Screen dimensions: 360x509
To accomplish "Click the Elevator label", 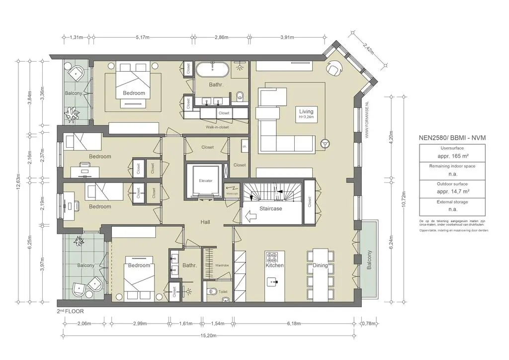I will tap(205, 180).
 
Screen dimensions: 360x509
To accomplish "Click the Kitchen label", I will tap(274, 266).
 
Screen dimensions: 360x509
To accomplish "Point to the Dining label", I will tap(320, 266).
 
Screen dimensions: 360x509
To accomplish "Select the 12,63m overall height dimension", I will tap(18, 182).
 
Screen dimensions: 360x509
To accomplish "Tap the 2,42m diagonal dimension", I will tap(368, 48).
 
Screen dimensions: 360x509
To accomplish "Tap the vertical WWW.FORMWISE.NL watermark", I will tap(366, 117).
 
